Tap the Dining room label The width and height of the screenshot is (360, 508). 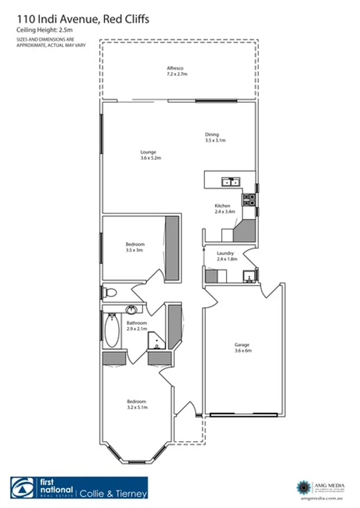212,135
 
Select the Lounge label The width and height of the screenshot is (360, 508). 148,152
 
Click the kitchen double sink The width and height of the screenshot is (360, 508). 231,181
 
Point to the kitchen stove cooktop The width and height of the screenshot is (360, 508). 249,199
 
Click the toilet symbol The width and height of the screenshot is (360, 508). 109,293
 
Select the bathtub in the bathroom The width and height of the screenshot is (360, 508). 112,330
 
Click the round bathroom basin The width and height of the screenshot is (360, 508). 132,310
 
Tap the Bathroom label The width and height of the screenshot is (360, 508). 137,323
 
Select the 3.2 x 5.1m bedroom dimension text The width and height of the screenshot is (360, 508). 137,407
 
